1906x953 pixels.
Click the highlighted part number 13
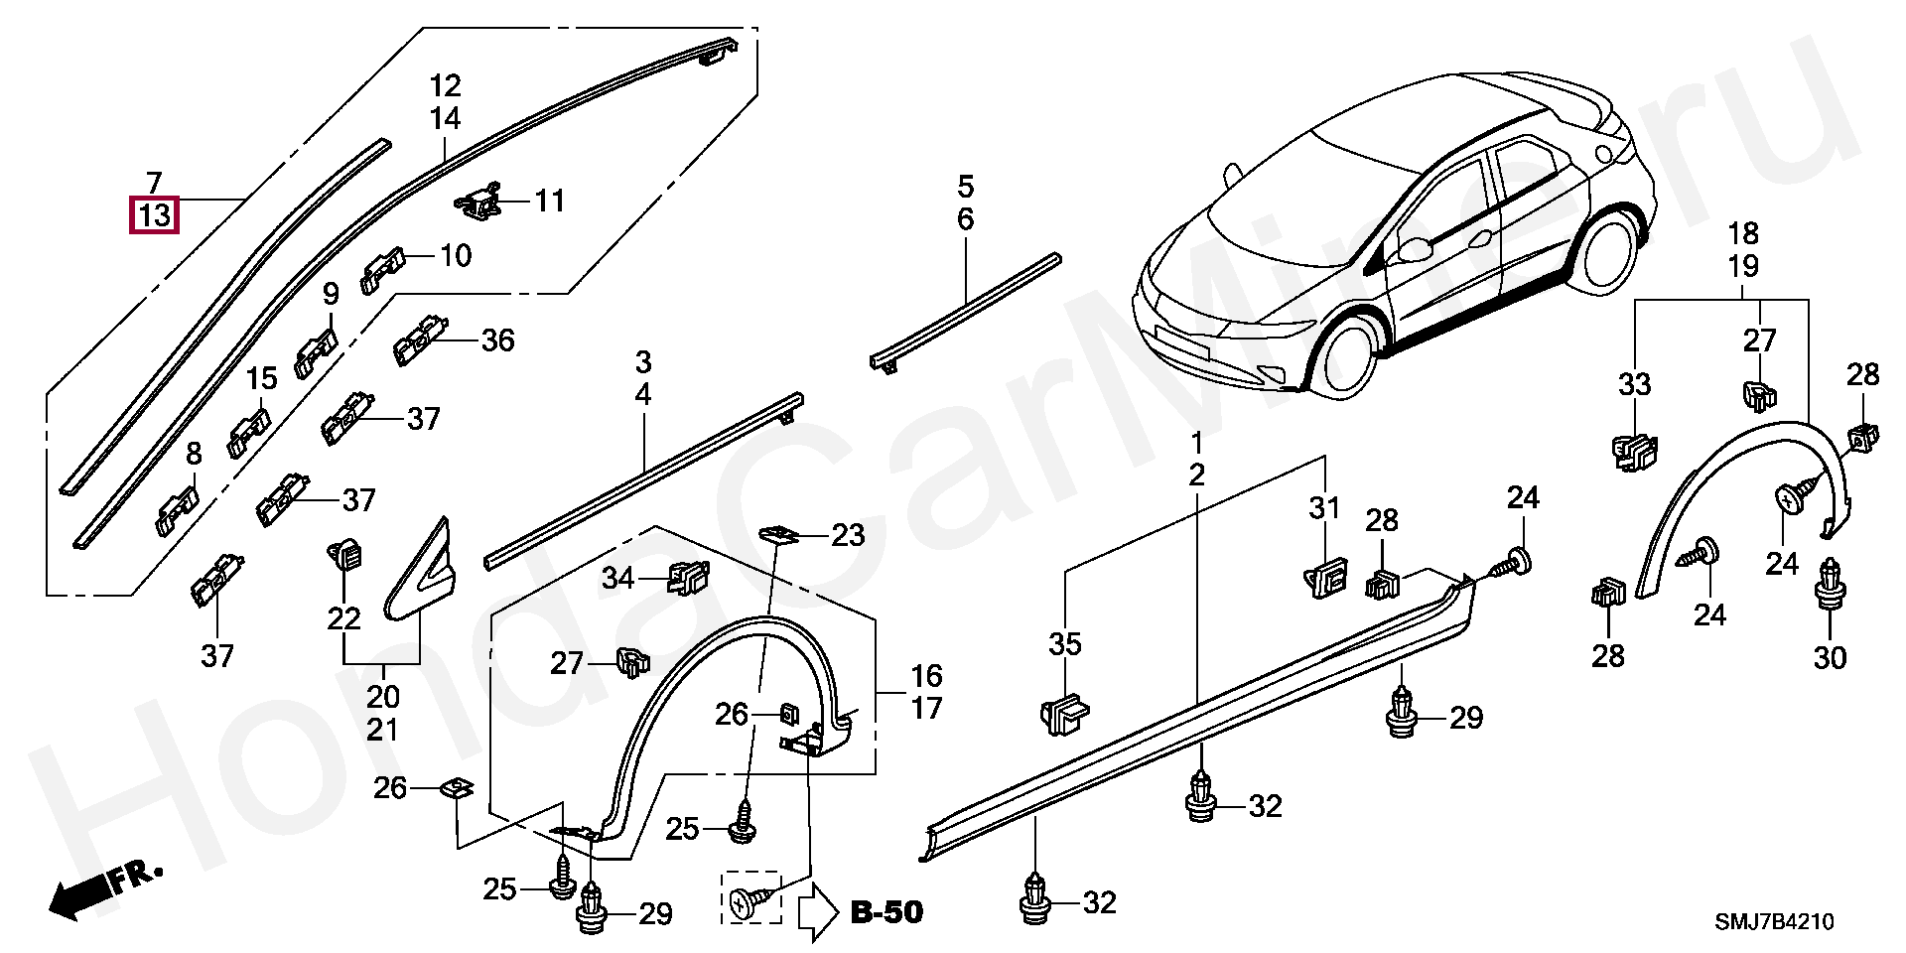154,215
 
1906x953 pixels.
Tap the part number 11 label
549,202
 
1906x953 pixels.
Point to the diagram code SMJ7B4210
1775,922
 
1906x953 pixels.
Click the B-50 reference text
886,911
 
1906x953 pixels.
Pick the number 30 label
1830,657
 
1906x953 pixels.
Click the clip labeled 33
1635,453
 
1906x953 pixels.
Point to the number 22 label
343,618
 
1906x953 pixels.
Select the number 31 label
1324,508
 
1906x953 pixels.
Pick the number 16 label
926,676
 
